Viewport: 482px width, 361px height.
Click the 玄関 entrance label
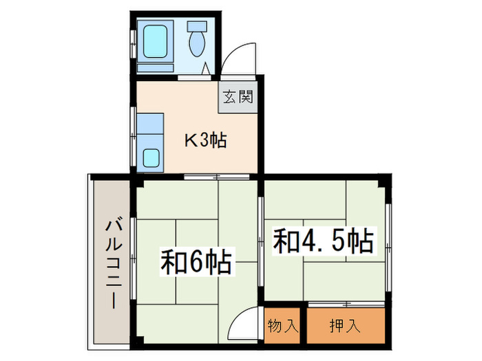238,97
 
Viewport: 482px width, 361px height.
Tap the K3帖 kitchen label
205,142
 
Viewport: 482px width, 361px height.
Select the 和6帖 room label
196,262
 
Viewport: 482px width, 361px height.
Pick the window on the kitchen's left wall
132,127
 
